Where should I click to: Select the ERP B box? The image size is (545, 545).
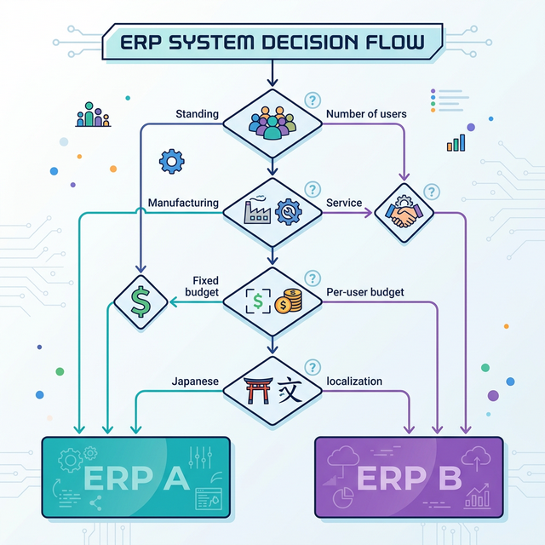tap(409, 477)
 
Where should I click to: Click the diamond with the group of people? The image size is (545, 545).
tap(272, 122)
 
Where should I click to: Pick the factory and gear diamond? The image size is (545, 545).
tap(272, 209)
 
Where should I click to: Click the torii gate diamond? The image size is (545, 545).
tap(272, 391)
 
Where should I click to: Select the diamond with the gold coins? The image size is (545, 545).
tap(272, 300)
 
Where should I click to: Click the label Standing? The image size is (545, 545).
tap(197, 114)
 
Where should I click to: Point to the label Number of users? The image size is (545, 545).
tap(366, 114)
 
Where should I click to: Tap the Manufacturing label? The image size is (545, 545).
tap(183, 204)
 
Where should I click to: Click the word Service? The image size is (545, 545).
tap(344, 204)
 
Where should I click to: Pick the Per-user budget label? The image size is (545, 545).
tap(364, 292)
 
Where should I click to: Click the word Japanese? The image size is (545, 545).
tap(195, 381)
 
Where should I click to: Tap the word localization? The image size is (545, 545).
tap(353, 381)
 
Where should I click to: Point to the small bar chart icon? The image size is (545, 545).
tap(456, 142)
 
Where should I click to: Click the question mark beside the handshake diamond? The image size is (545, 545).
tap(432, 192)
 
